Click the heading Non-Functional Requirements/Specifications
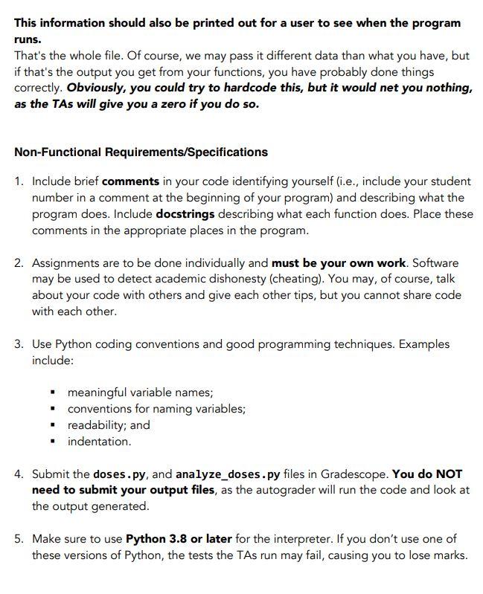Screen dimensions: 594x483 click(x=141, y=152)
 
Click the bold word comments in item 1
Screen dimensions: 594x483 click(x=130, y=181)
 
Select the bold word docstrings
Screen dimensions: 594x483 click(x=185, y=214)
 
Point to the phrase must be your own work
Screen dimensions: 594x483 click(x=339, y=263)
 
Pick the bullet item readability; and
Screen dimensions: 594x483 click(x=109, y=424)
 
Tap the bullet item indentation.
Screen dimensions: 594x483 click(x=99, y=441)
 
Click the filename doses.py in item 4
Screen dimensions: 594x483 click(x=121, y=474)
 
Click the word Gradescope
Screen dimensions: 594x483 click(x=349, y=474)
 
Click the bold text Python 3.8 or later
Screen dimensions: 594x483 click(x=179, y=538)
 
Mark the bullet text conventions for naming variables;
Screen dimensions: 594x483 click(x=156, y=408)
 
